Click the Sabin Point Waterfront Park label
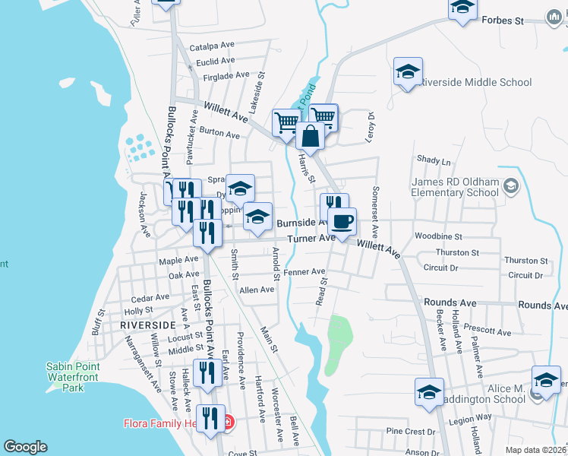(73, 377)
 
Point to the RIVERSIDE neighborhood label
(142, 325)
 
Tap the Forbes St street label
(504, 21)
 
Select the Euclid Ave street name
(216, 61)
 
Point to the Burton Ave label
(219, 133)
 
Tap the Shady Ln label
(434, 160)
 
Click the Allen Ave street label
(257, 290)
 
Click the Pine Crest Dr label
(410, 431)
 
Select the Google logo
(25, 447)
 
